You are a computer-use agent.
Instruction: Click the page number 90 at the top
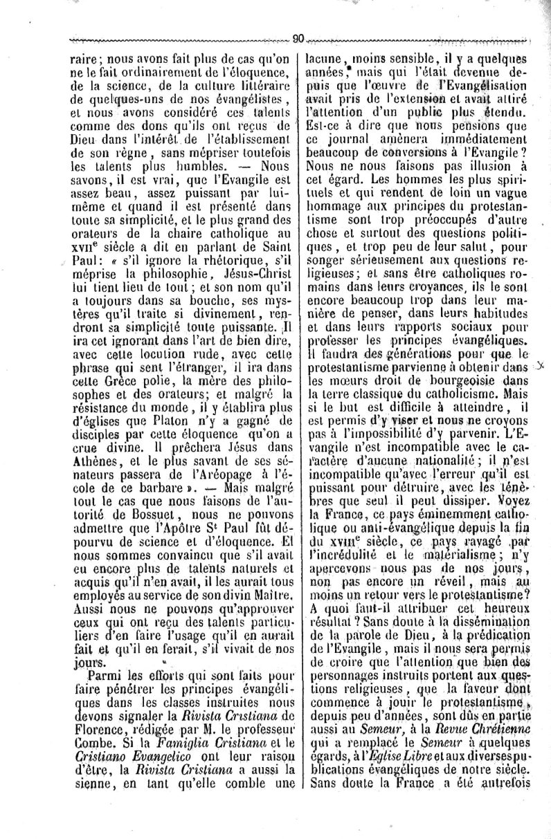pos(298,39)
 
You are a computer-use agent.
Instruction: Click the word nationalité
pos(450,452)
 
